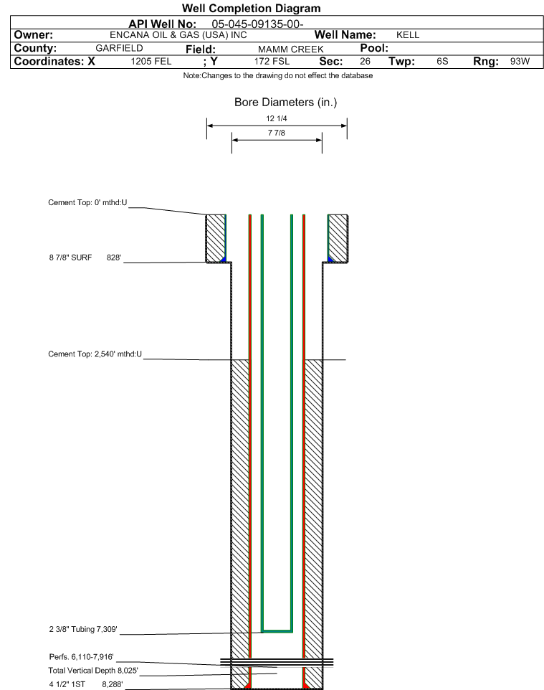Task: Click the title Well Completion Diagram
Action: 251,9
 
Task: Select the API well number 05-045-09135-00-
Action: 258,24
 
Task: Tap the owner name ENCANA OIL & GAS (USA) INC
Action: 178,35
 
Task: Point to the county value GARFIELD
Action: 119,48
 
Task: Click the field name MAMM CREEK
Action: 291,49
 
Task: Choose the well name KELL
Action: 408,35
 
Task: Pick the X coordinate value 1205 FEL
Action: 151,61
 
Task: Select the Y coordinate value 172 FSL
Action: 272,61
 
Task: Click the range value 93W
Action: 520,61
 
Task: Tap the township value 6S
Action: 442,61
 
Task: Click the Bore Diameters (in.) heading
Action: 285,103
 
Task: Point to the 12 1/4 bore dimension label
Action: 276,118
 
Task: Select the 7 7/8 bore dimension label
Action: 276,133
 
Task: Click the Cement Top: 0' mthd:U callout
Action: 87,202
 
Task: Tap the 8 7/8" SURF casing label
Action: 70,257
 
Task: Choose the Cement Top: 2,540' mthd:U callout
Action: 95,354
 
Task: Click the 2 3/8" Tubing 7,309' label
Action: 83,629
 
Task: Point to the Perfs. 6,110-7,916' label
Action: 82,657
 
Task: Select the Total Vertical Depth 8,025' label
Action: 93,671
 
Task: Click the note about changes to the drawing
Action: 278,76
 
